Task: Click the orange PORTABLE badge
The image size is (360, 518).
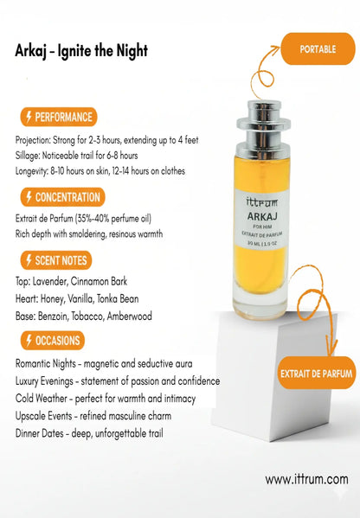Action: click(x=318, y=49)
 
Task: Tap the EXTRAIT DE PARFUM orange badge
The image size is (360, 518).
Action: click(x=317, y=373)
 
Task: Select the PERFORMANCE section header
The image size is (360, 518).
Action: click(x=59, y=117)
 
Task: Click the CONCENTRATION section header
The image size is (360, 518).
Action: click(x=62, y=197)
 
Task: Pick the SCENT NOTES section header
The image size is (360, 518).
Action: click(x=56, y=260)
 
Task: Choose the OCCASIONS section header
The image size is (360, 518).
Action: click(x=52, y=341)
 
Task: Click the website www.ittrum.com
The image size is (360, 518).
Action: click(x=306, y=479)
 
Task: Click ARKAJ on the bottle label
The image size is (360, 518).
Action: click(x=262, y=216)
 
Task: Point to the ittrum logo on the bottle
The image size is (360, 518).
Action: click(x=262, y=201)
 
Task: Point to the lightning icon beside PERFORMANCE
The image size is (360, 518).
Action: click(x=29, y=117)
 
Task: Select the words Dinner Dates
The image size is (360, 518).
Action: click(x=39, y=433)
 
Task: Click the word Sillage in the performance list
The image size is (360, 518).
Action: click(x=27, y=156)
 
